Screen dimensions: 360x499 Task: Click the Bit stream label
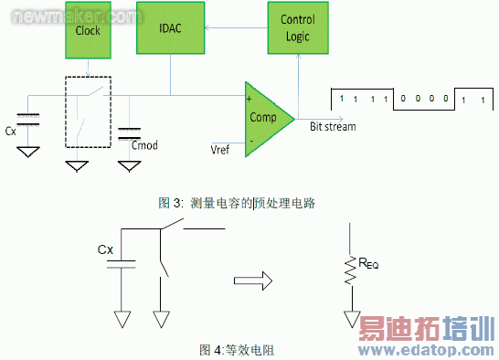333,125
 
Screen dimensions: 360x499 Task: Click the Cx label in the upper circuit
11,131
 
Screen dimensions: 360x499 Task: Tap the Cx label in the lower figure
107,249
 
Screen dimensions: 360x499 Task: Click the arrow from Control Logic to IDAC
232,26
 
